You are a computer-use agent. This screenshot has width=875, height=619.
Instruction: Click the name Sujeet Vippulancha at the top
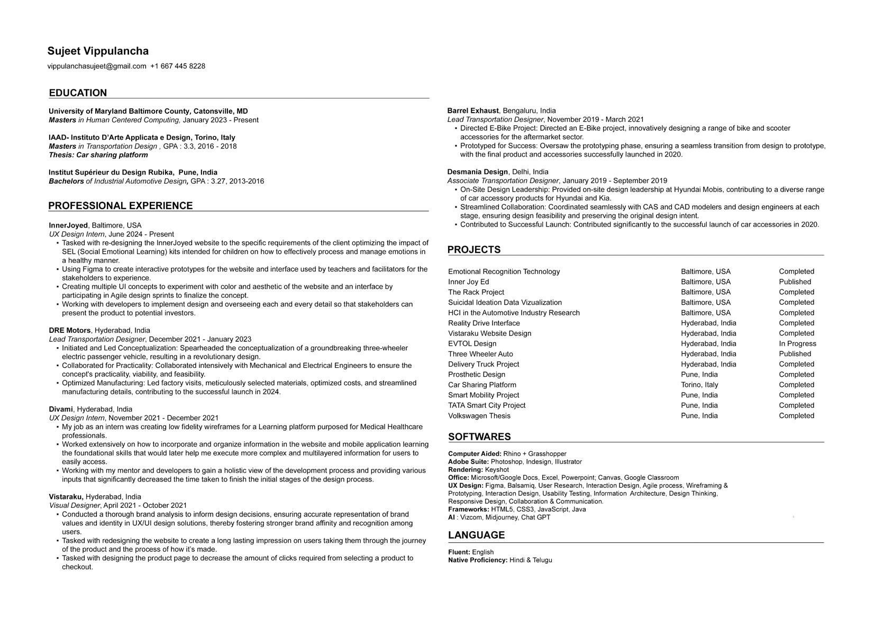click(x=98, y=51)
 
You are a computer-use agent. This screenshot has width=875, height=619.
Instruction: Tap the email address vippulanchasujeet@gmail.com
click(x=97, y=66)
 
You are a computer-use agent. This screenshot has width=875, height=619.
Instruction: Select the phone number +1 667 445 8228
click(x=178, y=66)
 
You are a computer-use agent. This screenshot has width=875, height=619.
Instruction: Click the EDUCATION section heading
click(x=78, y=93)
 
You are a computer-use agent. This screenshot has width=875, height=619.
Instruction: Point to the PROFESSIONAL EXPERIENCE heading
click(x=121, y=206)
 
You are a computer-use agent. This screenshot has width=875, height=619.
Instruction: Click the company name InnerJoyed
click(x=68, y=225)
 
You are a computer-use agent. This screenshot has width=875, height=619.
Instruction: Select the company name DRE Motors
click(x=70, y=331)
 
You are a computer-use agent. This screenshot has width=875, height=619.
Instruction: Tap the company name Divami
click(x=61, y=409)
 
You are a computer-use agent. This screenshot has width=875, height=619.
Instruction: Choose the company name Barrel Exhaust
click(x=473, y=111)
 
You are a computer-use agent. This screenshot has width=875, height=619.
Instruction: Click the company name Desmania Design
click(x=477, y=172)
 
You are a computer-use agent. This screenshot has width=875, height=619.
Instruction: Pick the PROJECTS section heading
click(x=474, y=250)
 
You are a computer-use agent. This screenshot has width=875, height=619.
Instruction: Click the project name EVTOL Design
click(x=472, y=344)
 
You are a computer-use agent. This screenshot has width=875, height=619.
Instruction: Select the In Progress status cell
click(x=797, y=344)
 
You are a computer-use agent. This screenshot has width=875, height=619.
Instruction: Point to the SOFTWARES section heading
click(x=479, y=437)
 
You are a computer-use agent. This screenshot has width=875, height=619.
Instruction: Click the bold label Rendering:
click(x=466, y=470)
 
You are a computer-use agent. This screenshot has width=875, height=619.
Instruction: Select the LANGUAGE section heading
click(x=476, y=535)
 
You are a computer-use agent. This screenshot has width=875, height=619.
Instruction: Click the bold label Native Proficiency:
click(x=478, y=560)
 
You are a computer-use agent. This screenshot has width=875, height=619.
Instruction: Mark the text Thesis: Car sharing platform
click(x=98, y=155)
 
